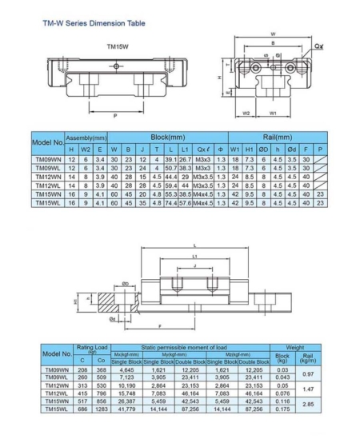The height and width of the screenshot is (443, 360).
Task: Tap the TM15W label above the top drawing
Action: coord(119,46)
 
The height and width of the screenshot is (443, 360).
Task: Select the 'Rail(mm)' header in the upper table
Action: coord(275,138)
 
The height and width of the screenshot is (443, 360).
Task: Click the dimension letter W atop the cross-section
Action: coord(274,34)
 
